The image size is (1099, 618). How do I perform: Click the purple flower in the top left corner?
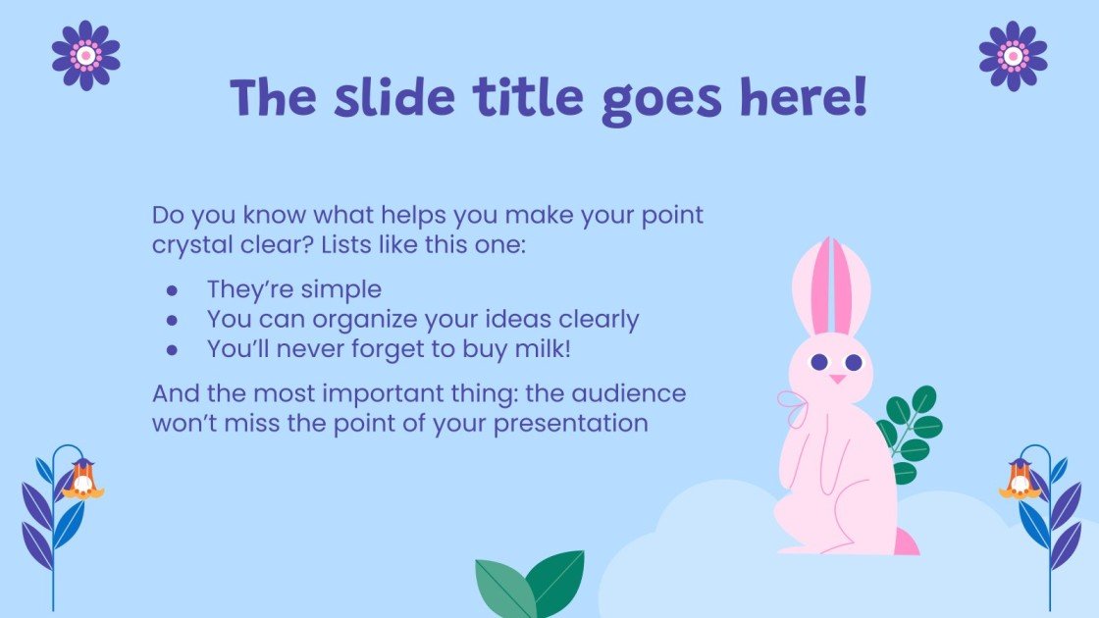click(85, 55)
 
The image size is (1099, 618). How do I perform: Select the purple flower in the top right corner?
click(1013, 55)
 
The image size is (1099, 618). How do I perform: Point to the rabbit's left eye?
click(818, 362)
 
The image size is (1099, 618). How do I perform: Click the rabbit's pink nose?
click(836, 378)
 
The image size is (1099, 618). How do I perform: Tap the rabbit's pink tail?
click(907, 541)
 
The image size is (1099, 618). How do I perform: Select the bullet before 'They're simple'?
click(172, 290)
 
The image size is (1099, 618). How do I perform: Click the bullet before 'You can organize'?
click(172, 320)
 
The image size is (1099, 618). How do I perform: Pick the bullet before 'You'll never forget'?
click(172, 348)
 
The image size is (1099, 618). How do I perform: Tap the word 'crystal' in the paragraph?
click(188, 244)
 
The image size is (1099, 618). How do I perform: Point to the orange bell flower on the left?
click(82, 480)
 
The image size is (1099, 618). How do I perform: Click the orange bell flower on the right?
click(1019, 480)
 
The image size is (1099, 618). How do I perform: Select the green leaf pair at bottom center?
click(531, 584)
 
